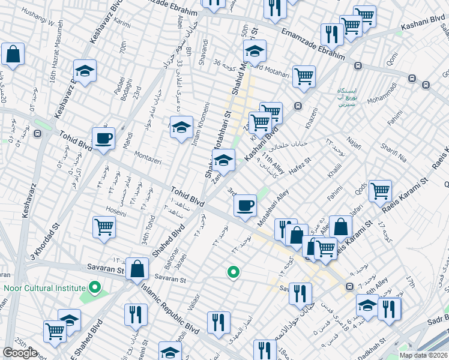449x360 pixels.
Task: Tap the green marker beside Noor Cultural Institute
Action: (93, 288)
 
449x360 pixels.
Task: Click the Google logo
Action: (20, 353)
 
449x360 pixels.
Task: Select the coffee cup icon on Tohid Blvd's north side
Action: (104, 138)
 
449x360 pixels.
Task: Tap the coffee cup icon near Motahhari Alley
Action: (245, 206)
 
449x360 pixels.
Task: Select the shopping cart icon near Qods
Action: (380, 191)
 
